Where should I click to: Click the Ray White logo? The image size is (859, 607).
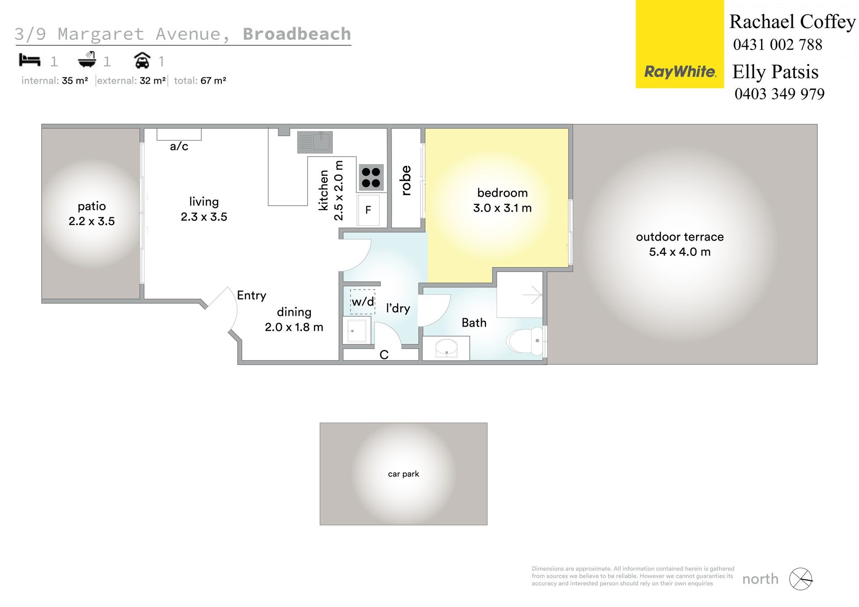pos(680,44)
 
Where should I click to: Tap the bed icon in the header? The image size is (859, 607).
pos(30,60)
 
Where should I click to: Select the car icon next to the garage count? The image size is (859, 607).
pos(142,60)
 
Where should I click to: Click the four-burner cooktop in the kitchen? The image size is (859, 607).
pos(371,177)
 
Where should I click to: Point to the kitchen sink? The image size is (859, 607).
pos(315,142)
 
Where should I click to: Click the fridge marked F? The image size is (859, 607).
pos(368,210)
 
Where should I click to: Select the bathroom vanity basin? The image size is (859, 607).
pos(446,348)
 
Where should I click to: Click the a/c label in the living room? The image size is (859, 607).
pos(179,146)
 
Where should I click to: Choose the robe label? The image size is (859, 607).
pos(406,180)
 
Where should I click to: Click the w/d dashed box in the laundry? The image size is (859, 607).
pos(362,301)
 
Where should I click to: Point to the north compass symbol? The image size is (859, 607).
pos(800,579)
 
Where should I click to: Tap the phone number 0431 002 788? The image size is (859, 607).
pos(778,45)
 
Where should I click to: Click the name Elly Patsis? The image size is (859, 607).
pos(775,72)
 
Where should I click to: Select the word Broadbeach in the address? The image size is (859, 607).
pos(297,34)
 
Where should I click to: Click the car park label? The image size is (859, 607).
pos(404,474)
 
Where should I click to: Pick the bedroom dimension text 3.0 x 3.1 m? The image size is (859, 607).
pos(502,208)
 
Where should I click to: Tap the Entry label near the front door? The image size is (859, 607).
pos(251,295)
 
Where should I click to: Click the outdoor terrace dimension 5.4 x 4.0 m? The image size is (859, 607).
pos(680,252)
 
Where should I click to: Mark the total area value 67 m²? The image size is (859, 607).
pos(213,81)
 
